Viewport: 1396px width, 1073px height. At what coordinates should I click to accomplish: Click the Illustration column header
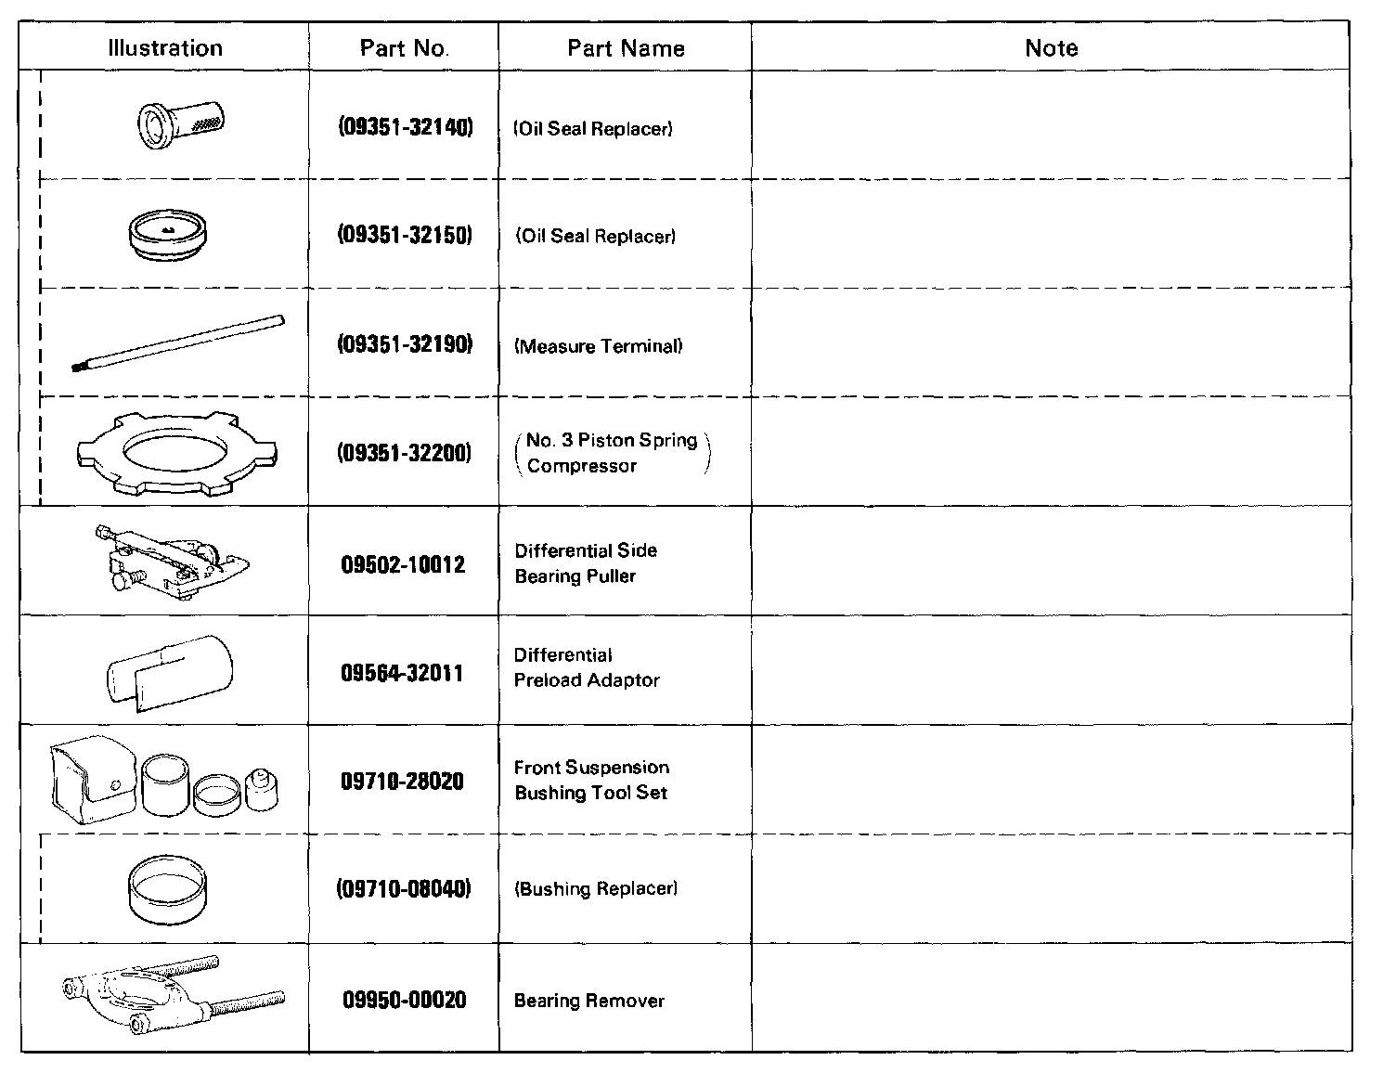pos(165,48)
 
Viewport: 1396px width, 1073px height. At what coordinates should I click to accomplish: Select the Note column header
pos(1051,48)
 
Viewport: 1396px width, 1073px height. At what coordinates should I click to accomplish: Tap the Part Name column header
pos(626,48)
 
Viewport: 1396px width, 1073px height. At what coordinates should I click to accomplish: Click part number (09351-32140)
pos(405,127)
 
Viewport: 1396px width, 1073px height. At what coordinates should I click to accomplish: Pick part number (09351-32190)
pos(405,345)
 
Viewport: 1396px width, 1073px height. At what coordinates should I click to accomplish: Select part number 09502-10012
pos(404,564)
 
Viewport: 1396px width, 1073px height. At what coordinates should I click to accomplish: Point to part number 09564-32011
pos(402,673)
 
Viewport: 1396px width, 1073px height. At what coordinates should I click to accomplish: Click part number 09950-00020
pos(404,1000)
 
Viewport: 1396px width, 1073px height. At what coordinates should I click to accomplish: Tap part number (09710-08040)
pos(404,888)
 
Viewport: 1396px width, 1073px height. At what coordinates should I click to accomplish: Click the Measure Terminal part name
pos(599,346)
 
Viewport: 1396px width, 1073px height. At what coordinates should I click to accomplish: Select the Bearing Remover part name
pos(589,1001)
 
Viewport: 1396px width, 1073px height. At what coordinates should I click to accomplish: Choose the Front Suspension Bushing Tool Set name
pos(591,780)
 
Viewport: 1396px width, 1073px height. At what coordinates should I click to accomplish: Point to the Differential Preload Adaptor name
pos(587,667)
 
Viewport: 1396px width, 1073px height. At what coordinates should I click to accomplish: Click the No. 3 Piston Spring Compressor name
pos(612,453)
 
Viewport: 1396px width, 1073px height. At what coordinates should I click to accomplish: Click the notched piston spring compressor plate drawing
pos(176,453)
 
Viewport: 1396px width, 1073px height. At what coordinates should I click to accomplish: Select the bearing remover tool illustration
pos(173,996)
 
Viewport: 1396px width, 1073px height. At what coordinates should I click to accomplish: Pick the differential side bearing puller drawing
pos(172,561)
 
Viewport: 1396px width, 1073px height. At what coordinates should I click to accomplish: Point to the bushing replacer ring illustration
pos(168,890)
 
